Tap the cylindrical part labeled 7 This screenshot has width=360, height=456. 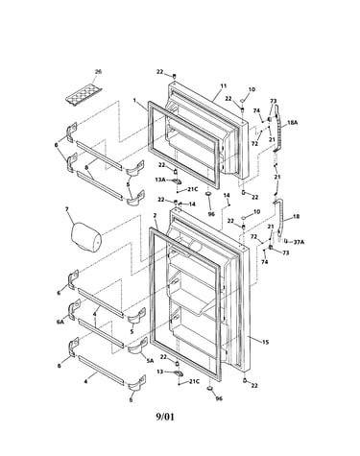coord(85,238)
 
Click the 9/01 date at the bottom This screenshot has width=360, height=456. coord(165,417)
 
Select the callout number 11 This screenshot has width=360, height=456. coord(224,85)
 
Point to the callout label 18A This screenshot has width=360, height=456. coord(293,122)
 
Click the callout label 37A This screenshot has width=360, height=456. coord(299,242)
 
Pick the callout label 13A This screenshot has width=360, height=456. coord(160,180)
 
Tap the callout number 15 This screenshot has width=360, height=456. coord(265,343)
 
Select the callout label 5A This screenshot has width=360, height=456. coord(150,361)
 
